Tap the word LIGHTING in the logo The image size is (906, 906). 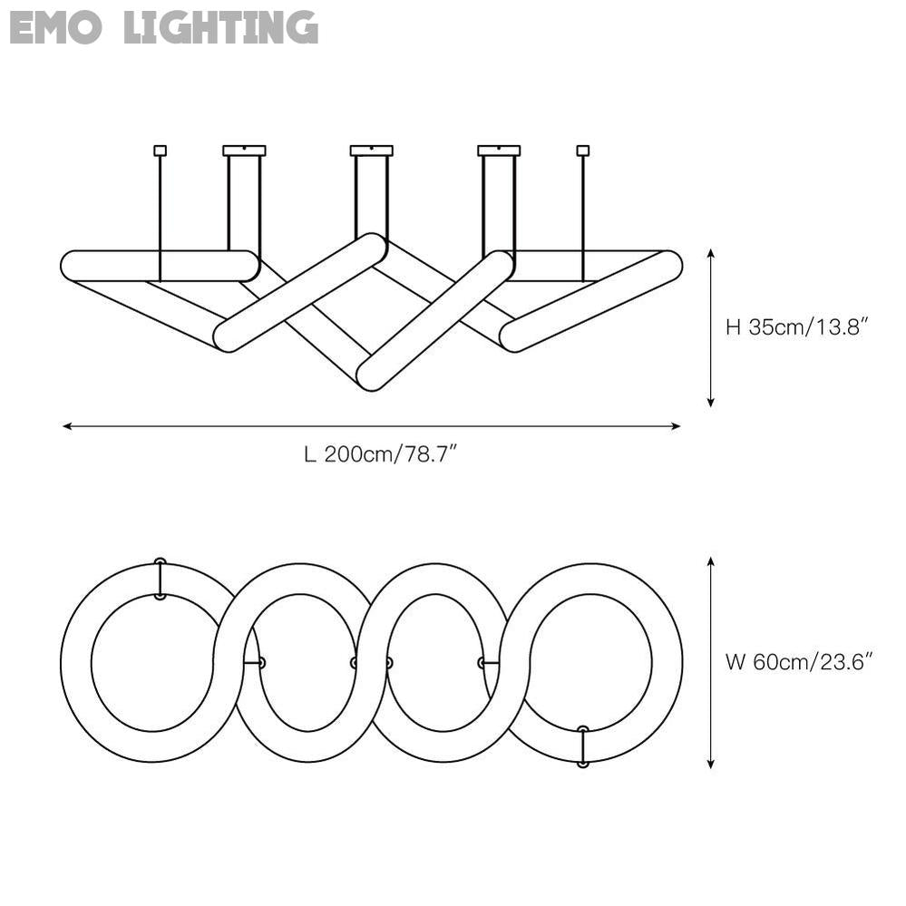221,27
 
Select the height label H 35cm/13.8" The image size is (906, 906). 798,327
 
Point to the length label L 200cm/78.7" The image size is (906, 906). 379,454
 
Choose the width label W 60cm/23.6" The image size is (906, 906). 799,662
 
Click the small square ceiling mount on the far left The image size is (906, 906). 161,151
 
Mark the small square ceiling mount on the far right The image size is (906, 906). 582,151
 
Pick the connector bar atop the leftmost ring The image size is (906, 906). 161,579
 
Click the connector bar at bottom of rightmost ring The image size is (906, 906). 582,746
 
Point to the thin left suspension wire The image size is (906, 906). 161,218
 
